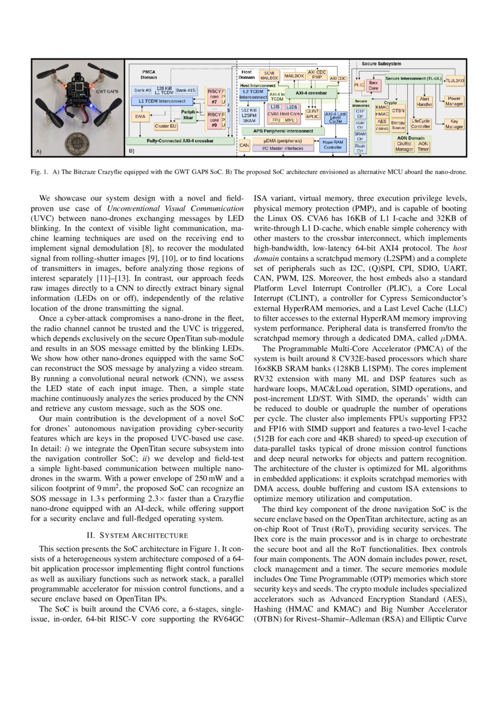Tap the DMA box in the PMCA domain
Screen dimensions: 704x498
pyautogui.click(x=140, y=116)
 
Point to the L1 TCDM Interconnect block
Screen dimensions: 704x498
pyautogui.click(x=163, y=101)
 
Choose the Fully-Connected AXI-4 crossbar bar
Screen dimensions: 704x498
pyautogui.click(x=181, y=141)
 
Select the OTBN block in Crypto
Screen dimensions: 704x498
pyautogui.click(x=398, y=111)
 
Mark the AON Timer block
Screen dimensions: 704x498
pyautogui.click(x=423, y=146)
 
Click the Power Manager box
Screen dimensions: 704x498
pyautogui.click(x=455, y=101)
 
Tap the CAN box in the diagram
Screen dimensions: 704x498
pyautogui.click(x=244, y=145)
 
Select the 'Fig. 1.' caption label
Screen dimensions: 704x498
pyautogui.click(x=41, y=172)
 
